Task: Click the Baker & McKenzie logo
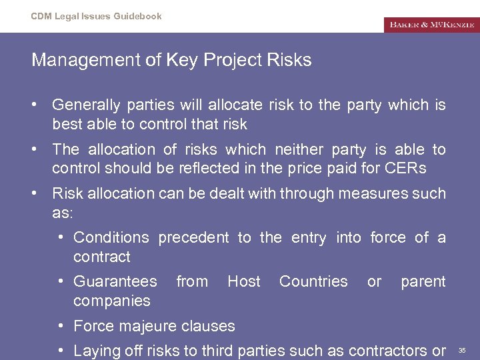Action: click(431, 25)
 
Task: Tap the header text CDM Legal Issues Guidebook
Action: click(96, 16)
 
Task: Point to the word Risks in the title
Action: click(288, 60)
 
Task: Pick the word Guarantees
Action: click(115, 281)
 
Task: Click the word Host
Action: click(243, 281)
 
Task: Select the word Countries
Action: click(313, 281)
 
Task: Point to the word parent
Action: click(423, 281)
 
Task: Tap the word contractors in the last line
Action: click(394, 351)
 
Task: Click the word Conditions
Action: click(111, 237)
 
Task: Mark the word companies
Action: click(112, 301)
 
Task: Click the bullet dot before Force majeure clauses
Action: click(61, 326)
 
